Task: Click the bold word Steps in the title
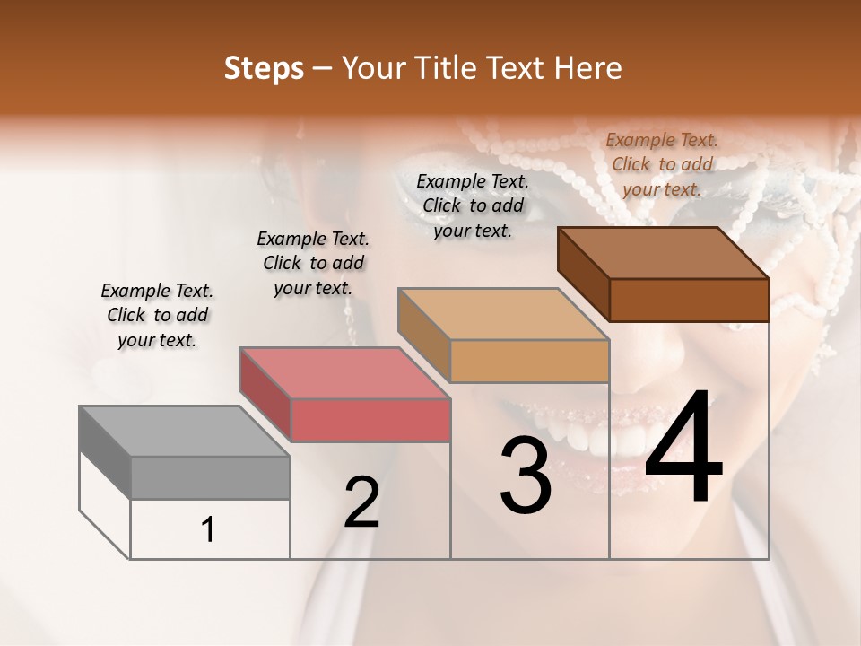[x=264, y=68]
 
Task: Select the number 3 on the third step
[x=525, y=476]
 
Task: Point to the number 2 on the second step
[x=361, y=503]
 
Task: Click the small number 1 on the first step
[x=208, y=530]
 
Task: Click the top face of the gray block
[x=184, y=432]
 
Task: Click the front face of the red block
[x=370, y=420]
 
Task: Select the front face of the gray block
[x=210, y=477]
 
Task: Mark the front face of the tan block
[x=529, y=361]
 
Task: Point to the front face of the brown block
[x=689, y=300]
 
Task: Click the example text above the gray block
[x=157, y=315]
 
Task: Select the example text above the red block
[x=313, y=263]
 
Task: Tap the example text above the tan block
[x=473, y=205]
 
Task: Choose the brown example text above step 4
[x=662, y=164]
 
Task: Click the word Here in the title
[x=588, y=68]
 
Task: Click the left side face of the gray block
[x=105, y=451]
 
